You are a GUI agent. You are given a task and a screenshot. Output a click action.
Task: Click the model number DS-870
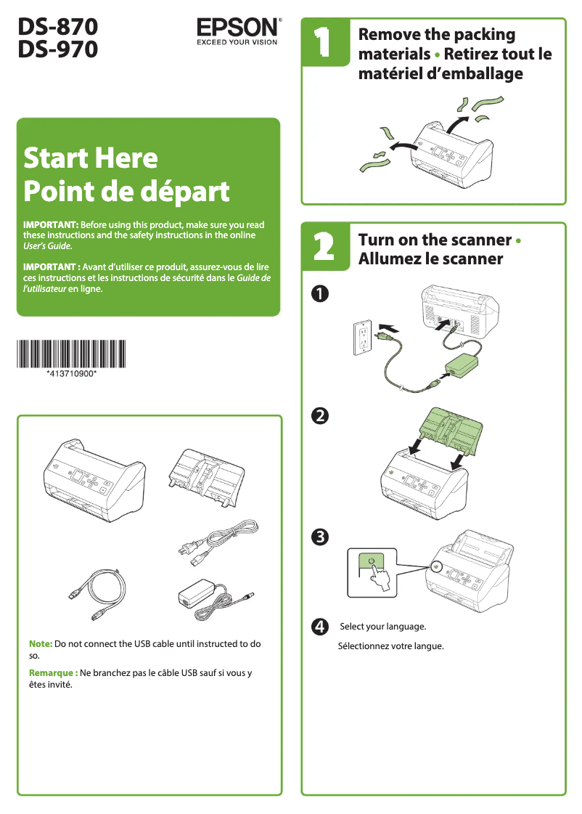pyautogui.click(x=58, y=27)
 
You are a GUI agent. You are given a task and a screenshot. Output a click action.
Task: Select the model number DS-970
pyautogui.click(x=58, y=49)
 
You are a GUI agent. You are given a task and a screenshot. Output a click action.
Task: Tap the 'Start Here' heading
pyautogui.click(x=91, y=158)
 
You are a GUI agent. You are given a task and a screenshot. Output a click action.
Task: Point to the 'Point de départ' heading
pyautogui.click(x=126, y=192)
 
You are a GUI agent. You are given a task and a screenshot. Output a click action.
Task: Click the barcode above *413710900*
pyautogui.click(x=71, y=354)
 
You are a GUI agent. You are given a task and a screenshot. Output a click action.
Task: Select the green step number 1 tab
pyautogui.click(x=320, y=44)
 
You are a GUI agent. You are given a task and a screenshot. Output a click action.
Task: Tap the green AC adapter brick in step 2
pyautogui.click(x=458, y=367)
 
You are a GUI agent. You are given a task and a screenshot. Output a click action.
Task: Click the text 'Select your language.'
pyautogui.click(x=382, y=626)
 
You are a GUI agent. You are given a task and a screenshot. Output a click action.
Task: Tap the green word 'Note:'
pyautogui.click(x=41, y=644)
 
